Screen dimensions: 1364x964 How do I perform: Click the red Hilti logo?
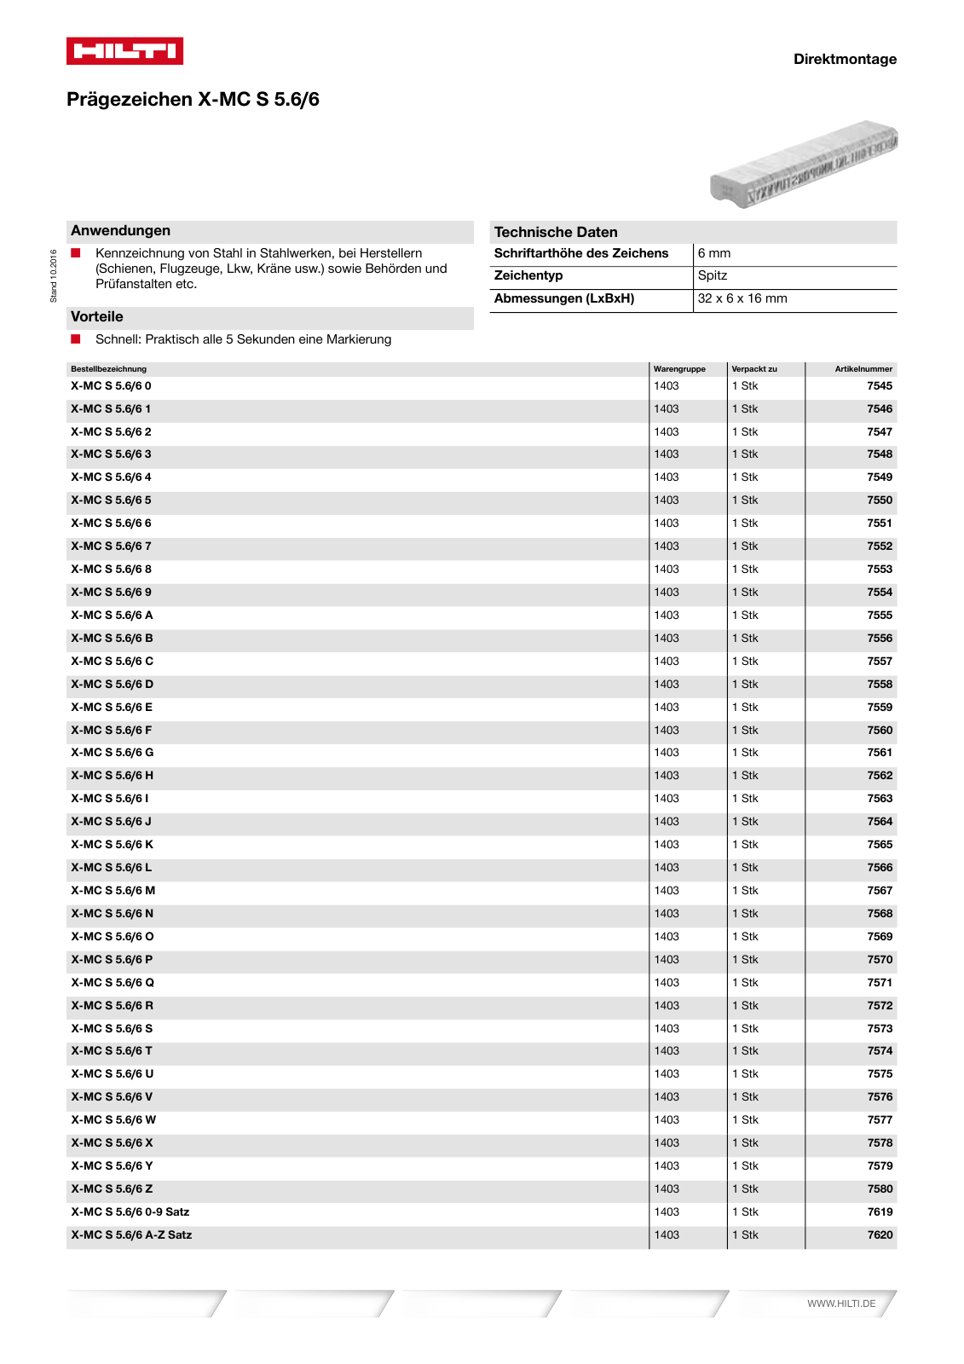click(x=124, y=51)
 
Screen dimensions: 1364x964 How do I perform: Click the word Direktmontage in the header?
click(x=844, y=59)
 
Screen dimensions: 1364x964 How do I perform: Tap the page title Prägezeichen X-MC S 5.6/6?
click(x=193, y=100)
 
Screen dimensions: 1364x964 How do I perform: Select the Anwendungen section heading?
click(x=120, y=231)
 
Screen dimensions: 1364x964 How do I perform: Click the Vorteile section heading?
click(x=97, y=317)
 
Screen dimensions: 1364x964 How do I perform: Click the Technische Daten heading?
click(x=556, y=232)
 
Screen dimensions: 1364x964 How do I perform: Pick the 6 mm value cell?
click(x=714, y=254)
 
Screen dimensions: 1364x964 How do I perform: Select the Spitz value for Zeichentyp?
click(x=712, y=276)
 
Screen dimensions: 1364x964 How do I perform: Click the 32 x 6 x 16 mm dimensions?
click(x=742, y=299)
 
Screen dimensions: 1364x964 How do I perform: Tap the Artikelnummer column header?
click(x=863, y=369)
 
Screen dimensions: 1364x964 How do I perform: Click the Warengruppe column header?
click(x=679, y=369)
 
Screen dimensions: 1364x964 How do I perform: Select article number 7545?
click(x=880, y=386)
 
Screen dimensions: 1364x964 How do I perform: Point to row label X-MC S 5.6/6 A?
click(x=112, y=616)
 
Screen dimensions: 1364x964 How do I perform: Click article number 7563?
click(x=880, y=799)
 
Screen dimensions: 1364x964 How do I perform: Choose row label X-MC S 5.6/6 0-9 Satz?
click(x=130, y=1212)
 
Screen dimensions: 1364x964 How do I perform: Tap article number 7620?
click(x=880, y=1235)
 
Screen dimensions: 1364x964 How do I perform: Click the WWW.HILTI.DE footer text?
click(x=841, y=1303)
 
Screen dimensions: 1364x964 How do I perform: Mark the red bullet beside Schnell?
click(x=76, y=339)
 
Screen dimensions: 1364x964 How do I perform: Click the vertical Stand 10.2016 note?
click(x=54, y=275)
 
